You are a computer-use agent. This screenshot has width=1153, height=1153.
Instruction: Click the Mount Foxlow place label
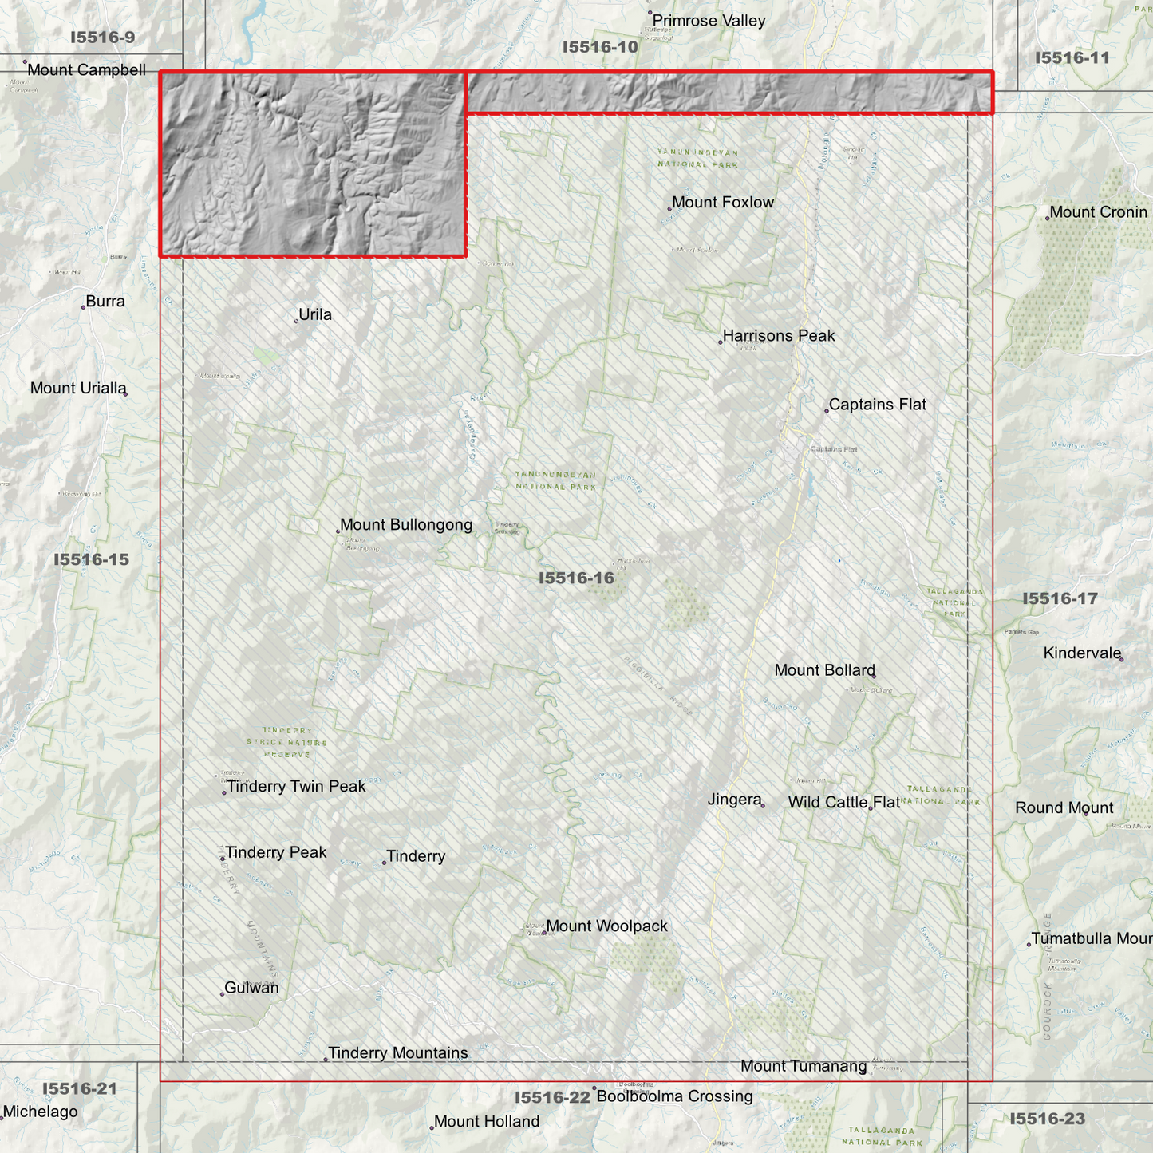(x=723, y=203)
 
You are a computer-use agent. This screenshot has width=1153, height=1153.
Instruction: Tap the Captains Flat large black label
(x=878, y=405)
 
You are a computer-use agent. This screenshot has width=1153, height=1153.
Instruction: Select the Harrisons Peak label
(x=779, y=336)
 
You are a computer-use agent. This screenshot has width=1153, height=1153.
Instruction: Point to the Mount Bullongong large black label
(x=406, y=525)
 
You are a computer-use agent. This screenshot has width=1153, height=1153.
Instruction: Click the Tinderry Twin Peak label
(x=296, y=787)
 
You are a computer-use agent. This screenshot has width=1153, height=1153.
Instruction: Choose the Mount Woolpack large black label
(x=607, y=926)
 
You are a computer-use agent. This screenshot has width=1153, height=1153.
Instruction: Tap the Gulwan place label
(x=251, y=988)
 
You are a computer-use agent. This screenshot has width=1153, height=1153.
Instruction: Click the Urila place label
(x=315, y=314)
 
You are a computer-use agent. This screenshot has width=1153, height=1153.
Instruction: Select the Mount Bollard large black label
(x=824, y=670)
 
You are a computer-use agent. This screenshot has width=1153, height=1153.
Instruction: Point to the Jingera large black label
(x=735, y=800)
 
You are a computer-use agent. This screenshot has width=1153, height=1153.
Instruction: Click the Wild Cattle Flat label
(x=844, y=803)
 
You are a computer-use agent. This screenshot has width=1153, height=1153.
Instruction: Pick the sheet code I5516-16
(x=576, y=578)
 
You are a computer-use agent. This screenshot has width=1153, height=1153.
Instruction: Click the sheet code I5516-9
(x=102, y=38)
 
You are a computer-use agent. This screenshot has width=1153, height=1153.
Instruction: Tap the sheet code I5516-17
(x=1060, y=598)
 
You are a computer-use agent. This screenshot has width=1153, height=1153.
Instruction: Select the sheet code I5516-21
(x=79, y=1088)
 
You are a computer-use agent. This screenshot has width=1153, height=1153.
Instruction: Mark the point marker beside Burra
(x=83, y=307)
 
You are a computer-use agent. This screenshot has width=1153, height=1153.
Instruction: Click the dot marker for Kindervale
(x=1121, y=659)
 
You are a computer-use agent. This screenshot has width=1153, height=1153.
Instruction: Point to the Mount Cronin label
(x=1098, y=212)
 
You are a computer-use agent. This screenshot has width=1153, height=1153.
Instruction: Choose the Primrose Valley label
(x=709, y=21)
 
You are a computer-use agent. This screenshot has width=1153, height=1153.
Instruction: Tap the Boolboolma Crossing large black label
(x=674, y=1096)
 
